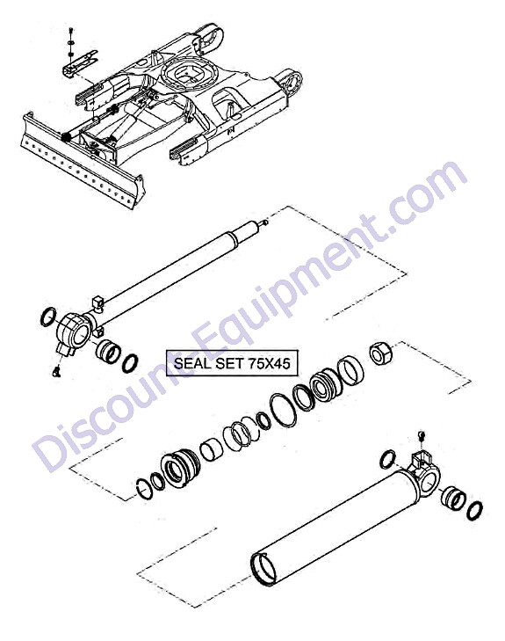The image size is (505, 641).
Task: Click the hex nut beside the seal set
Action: [x=380, y=354]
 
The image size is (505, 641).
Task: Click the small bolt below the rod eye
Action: [x=56, y=371]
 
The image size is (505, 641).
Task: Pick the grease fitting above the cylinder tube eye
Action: [x=422, y=435]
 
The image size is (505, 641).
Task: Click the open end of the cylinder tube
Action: [x=263, y=569]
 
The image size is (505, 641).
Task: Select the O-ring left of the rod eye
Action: [x=48, y=317]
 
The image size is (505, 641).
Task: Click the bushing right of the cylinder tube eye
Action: [x=453, y=499]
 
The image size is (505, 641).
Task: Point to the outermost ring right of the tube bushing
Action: [x=474, y=511]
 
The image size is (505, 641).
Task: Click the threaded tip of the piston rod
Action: [x=264, y=222]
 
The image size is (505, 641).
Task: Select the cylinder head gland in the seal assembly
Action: [x=180, y=468]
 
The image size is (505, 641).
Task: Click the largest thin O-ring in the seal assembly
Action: [x=284, y=411]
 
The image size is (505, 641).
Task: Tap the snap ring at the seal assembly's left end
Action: [x=144, y=489]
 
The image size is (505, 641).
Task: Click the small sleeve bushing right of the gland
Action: [x=212, y=449]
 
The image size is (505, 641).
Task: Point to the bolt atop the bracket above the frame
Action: [x=71, y=31]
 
